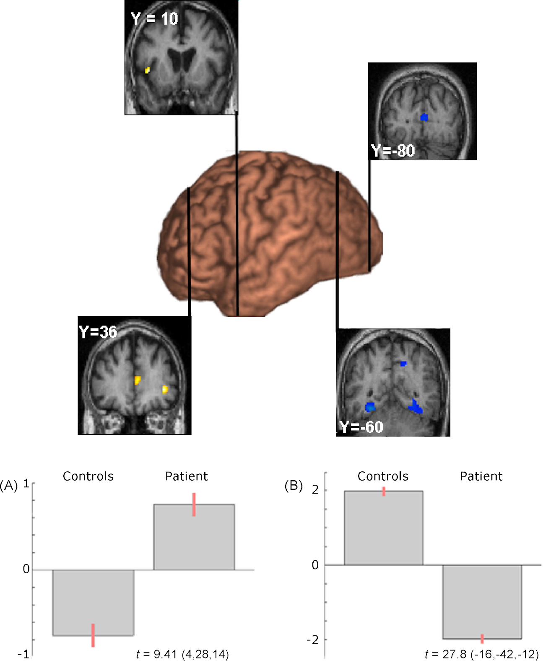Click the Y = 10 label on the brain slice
(x=154, y=19)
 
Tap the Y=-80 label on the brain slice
(x=393, y=151)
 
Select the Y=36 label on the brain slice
(x=98, y=332)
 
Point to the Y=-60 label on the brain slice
(x=361, y=427)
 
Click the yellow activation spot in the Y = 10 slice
(x=147, y=70)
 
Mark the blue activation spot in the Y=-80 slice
(x=424, y=117)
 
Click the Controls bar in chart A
(x=93, y=602)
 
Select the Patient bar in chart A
(x=194, y=537)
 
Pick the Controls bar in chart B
(x=383, y=528)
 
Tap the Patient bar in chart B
(x=482, y=602)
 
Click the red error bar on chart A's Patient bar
(x=194, y=504)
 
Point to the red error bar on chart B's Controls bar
(x=384, y=491)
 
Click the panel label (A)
(x=9, y=485)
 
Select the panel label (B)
(x=293, y=485)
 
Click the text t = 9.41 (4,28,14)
(x=182, y=654)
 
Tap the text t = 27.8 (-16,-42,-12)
(x=481, y=654)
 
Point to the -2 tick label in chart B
(x=312, y=640)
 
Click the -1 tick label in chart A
(x=23, y=654)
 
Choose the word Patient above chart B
(x=481, y=476)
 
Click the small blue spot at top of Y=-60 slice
(x=403, y=363)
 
